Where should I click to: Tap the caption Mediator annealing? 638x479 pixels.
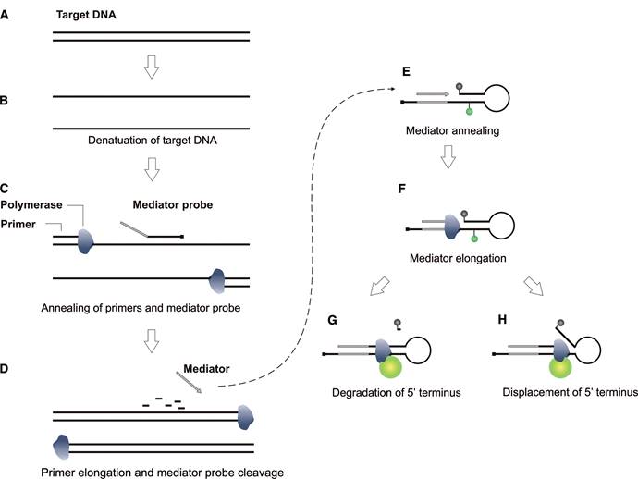(x=452, y=131)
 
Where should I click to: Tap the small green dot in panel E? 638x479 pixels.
(x=469, y=112)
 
